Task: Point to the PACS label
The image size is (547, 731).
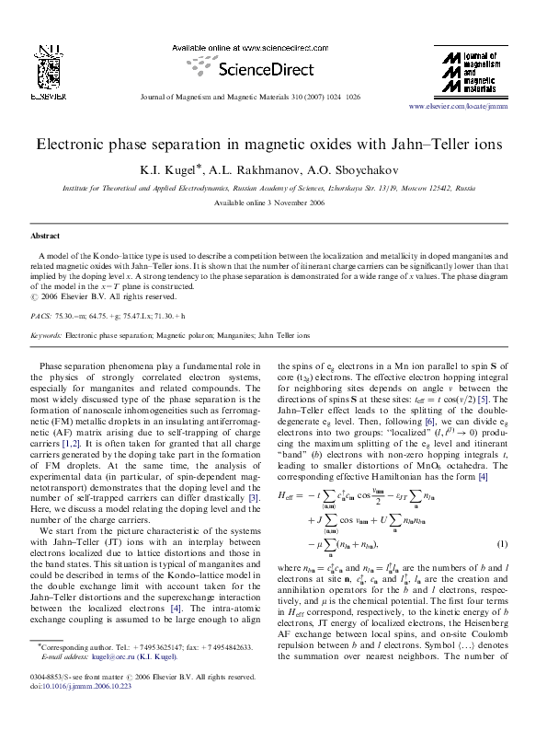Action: (41, 315)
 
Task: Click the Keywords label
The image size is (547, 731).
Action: (46, 336)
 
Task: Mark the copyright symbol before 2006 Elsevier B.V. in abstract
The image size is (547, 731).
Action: (35, 297)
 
